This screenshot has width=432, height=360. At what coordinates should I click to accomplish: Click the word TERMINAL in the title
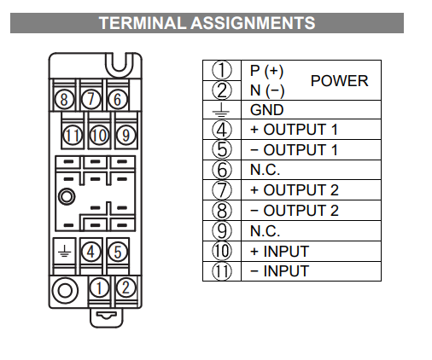pyautogui.click(x=142, y=23)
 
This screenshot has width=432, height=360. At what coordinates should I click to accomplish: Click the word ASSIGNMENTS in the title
pyautogui.click(x=253, y=23)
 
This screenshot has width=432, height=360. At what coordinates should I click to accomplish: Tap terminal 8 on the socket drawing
pyautogui.click(x=64, y=100)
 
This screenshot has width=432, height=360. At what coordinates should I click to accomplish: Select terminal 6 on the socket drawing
pyautogui.click(x=117, y=99)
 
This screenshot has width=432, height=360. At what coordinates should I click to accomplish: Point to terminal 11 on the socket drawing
pyautogui.click(x=73, y=135)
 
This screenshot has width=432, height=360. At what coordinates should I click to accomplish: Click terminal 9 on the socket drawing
pyautogui.click(x=126, y=135)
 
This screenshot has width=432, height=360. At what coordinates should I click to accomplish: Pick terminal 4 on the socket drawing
pyautogui.click(x=90, y=252)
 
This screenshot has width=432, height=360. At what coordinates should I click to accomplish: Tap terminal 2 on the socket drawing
pyautogui.click(x=126, y=287)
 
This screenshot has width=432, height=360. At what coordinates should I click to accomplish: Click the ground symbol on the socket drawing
pyautogui.click(x=65, y=251)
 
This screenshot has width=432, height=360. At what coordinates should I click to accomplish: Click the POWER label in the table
pyautogui.click(x=339, y=81)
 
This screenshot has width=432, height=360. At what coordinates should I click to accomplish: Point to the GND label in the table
pyautogui.click(x=266, y=110)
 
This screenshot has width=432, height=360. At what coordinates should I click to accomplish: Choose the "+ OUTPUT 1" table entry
pyautogui.click(x=294, y=130)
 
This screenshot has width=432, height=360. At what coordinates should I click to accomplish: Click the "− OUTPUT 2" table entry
pyautogui.click(x=295, y=211)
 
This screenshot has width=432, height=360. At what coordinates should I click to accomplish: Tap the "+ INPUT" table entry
pyautogui.click(x=279, y=252)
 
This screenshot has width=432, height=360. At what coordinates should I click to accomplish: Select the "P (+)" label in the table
pyautogui.click(x=266, y=71)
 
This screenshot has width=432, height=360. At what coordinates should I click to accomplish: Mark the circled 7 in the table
pyautogui.click(x=222, y=190)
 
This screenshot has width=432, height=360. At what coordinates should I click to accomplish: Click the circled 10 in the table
pyautogui.click(x=222, y=251)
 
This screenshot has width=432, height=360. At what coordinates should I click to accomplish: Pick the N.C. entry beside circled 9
pyautogui.click(x=265, y=231)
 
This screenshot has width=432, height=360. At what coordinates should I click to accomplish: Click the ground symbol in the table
pyautogui.click(x=221, y=110)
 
